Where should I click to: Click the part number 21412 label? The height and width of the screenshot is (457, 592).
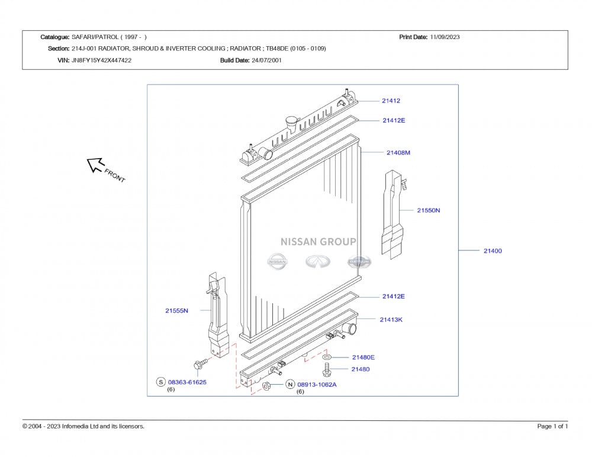(x=391, y=101)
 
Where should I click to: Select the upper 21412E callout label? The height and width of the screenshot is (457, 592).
(x=394, y=121)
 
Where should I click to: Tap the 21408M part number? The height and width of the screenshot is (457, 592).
(x=398, y=153)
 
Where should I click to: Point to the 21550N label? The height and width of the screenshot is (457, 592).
(x=429, y=210)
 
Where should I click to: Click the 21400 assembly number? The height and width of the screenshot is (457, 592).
(x=493, y=251)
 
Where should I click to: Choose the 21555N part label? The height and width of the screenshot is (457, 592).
(x=176, y=311)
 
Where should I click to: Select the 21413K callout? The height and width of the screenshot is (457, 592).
(x=391, y=320)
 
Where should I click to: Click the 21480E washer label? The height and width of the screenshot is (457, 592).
(x=363, y=358)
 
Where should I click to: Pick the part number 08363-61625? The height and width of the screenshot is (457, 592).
(x=187, y=382)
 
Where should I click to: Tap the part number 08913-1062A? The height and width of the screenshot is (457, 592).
(x=317, y=385)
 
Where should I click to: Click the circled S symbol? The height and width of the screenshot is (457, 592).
(x=161, y=382)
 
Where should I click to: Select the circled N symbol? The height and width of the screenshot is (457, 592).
(x=290, y=385)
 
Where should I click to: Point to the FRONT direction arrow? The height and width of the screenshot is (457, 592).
(x=95, y=165)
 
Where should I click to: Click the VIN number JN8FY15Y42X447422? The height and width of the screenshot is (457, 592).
(x=102, y=60)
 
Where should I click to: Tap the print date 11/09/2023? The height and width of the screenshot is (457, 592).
(x=445, y=37)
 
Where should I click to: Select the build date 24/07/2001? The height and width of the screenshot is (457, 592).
(x=266, y=60)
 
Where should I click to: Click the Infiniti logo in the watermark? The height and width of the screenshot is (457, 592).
(x=318, y=262)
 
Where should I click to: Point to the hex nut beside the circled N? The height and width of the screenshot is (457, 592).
(x=266, y=386)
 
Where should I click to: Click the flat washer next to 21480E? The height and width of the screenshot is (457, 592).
(x=327, y=357)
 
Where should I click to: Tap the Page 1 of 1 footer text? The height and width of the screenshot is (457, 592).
(x=552, y=426)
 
